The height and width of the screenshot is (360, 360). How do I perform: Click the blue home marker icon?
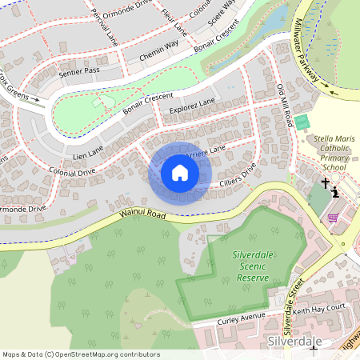point(180,172)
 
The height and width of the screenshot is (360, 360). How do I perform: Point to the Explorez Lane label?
point(192,105)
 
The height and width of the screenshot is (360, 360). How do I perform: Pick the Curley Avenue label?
point(242,320)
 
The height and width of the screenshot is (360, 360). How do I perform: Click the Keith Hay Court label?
point(318,309)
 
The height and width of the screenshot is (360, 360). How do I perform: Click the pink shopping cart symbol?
point(332,217)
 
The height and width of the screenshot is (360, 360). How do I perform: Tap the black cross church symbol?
point(326,184)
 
